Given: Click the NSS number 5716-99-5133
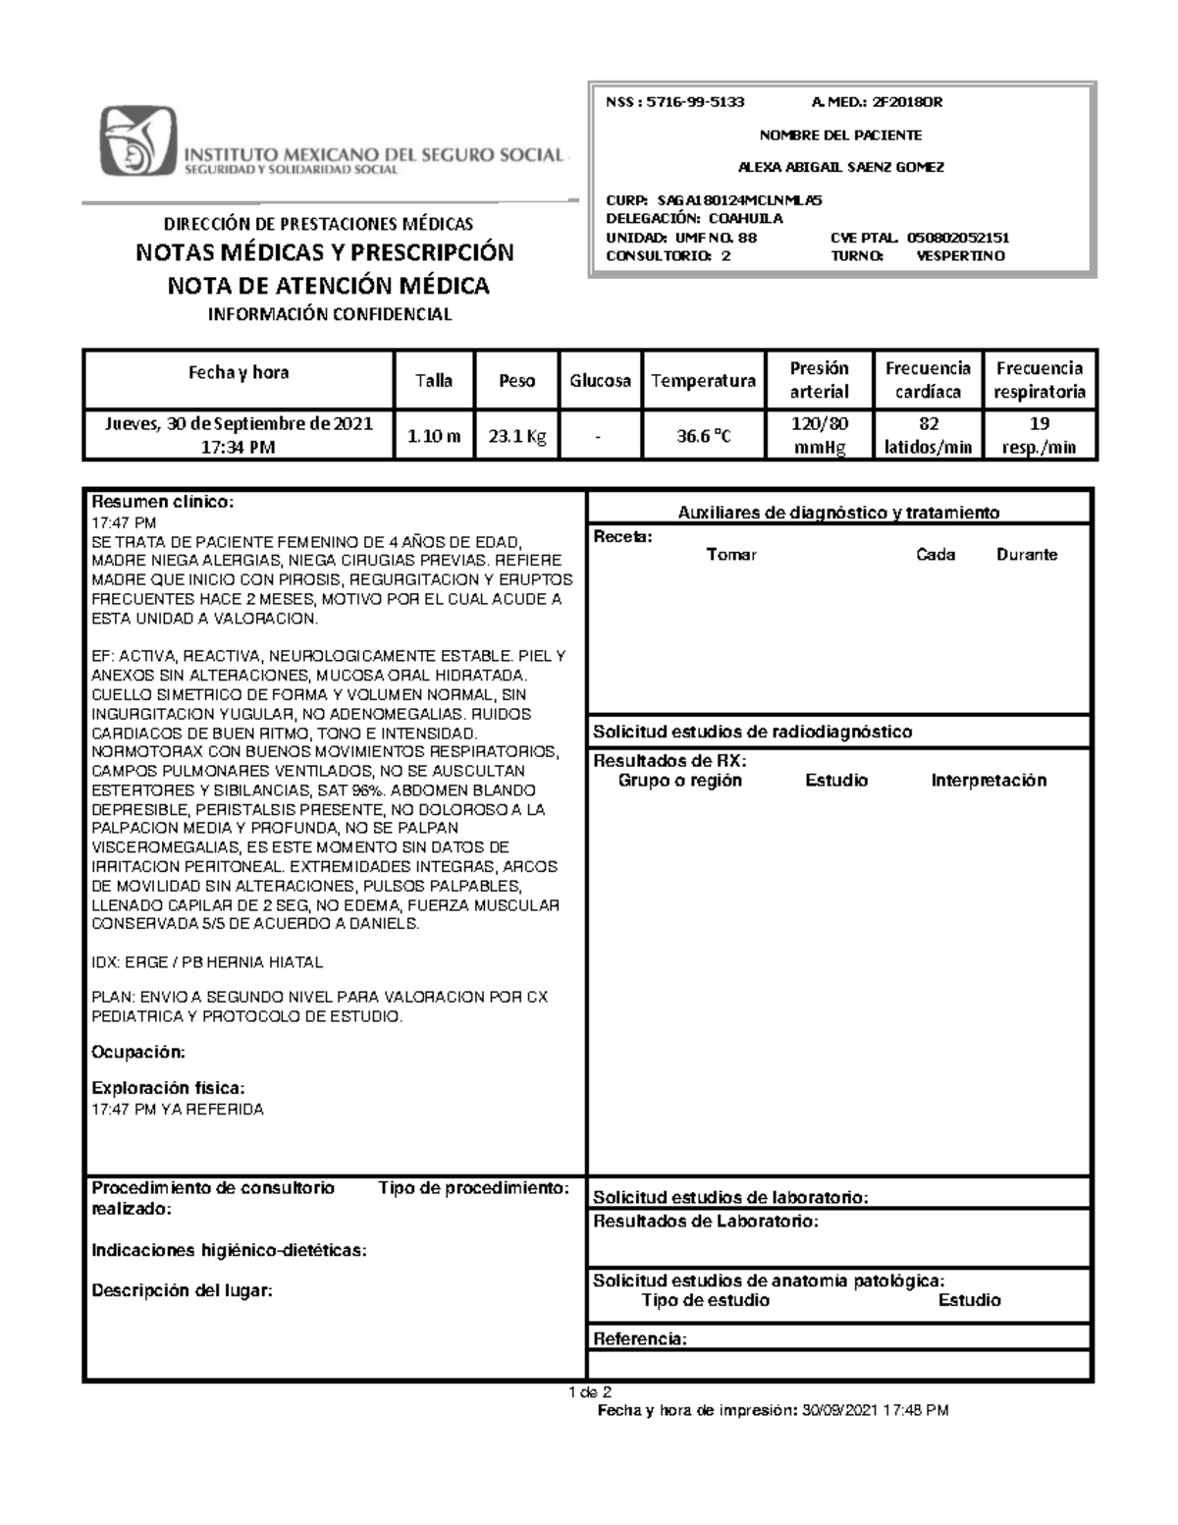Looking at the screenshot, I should tap(691, 101).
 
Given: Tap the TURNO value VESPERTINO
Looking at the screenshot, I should tap(959, 255).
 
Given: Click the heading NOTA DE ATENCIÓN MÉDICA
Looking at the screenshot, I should tap(328, 286).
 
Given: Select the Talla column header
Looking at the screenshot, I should tap(433, 380).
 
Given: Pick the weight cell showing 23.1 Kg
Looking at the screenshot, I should tap(517, 436).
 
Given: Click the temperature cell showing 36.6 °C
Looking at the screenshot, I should tap(703, 436).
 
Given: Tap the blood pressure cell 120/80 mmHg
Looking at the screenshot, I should tap(819, 435).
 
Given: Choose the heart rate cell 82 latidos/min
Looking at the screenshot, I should tap(928, 435).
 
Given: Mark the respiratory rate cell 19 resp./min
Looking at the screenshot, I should tap(1040, 435).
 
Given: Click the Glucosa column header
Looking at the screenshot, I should tap(600, 380).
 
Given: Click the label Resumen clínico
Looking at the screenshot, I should tap(163, 502).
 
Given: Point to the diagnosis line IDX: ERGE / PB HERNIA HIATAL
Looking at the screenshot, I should tap(207, 962).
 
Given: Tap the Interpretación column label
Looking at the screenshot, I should tap(989, 781).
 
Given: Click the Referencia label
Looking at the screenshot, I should tap(639, 1339).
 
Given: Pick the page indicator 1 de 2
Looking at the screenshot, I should tap(589, 1392).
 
